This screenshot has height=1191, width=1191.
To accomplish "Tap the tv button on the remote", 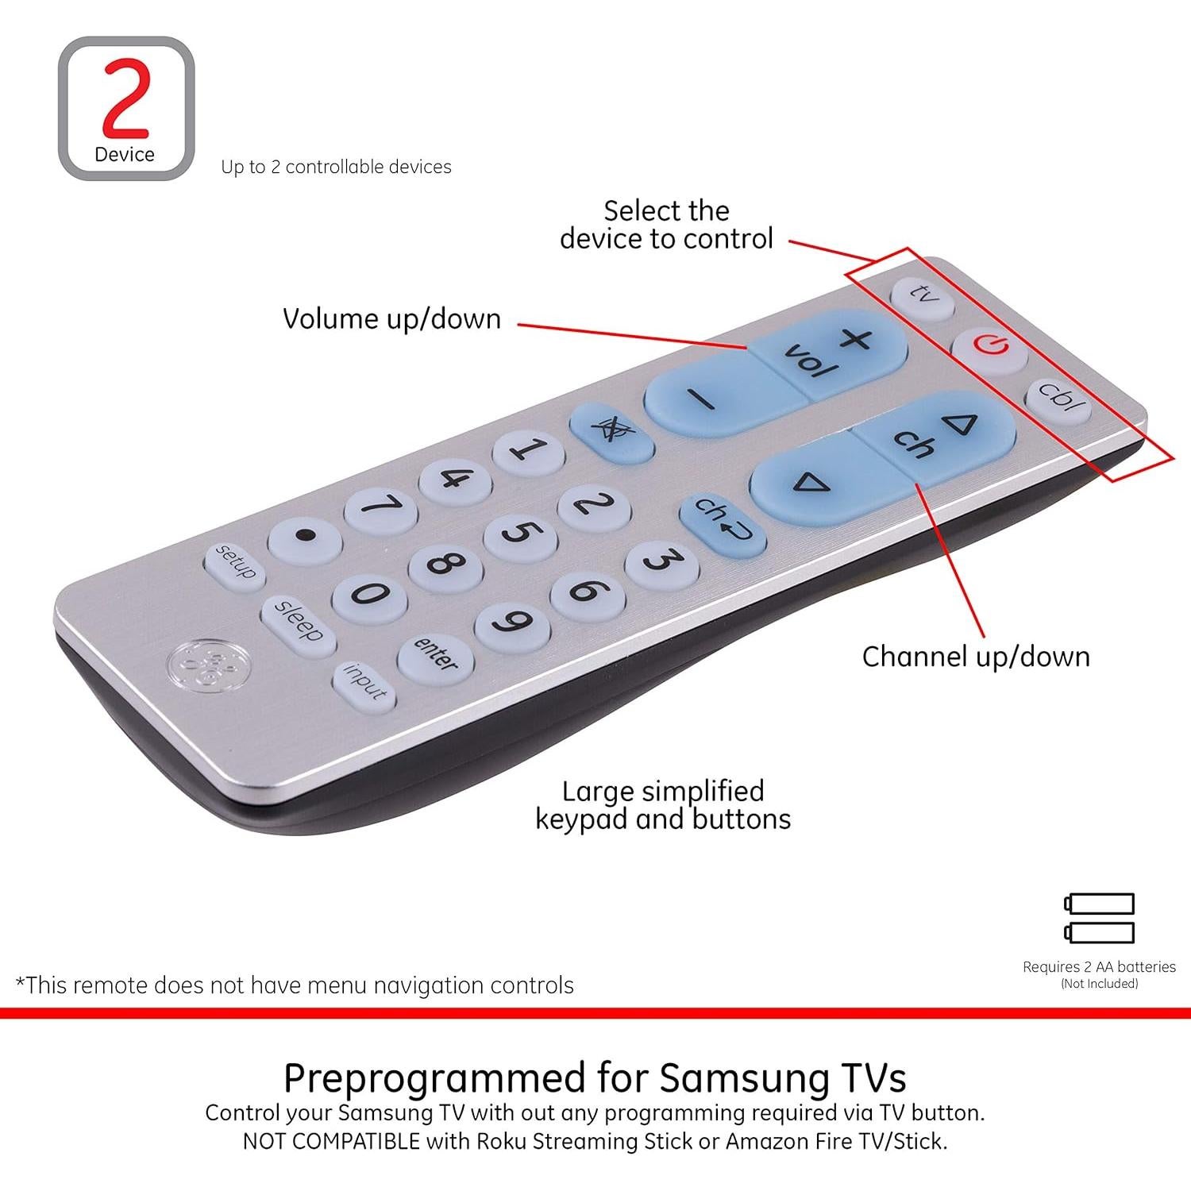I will coord(922,297).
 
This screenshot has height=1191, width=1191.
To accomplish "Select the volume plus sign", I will coord(855,340).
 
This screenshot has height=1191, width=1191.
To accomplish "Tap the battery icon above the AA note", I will coord(1099,918).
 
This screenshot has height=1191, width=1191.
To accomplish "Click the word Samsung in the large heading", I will coord(742,1078).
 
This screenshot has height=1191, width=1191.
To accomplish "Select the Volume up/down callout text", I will coord(391,319).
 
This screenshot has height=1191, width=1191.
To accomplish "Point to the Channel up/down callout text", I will coord(976,657).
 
